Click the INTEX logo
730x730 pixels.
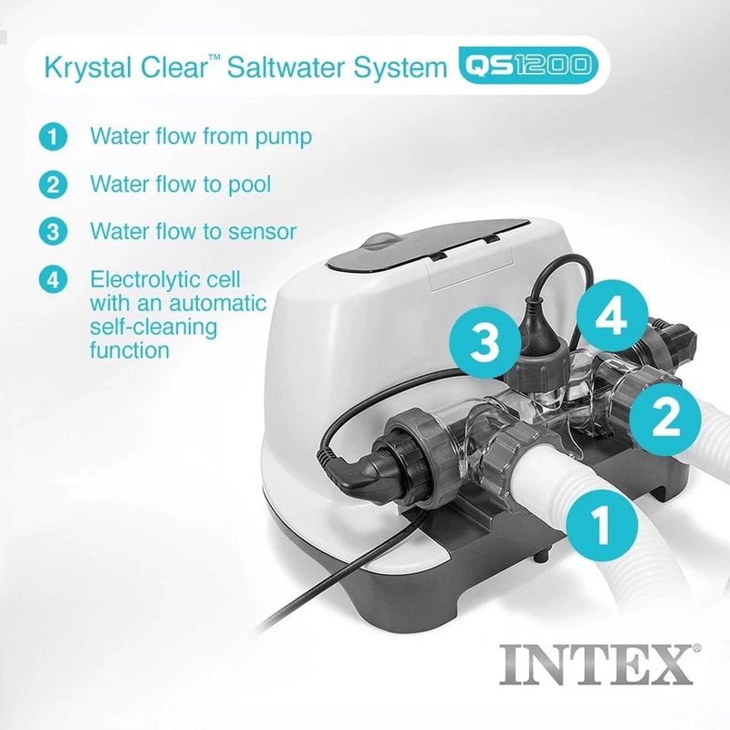pyautogui.click(x=599, y=664)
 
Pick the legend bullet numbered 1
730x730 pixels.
pyautogui.click(x=53, y=137)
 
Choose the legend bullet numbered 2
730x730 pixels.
pyautogui.click(x=53, y=185)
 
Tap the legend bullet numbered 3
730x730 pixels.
pyautogui.click(x=53, y=232)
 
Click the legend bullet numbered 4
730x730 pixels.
pyautogui.click(x=53, y=279)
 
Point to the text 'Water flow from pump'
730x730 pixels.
pyautogui.click(x=201, y=137)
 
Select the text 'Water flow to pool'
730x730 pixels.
pyautogui.click(x=180, y=185)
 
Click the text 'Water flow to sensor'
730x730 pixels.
pyautogui.click(x=193, y=232)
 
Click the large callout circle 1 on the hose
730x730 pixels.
pyautogui.click(x=600, y=525)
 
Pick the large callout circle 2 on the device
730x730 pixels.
pyautogui.click(x=668, y=417)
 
